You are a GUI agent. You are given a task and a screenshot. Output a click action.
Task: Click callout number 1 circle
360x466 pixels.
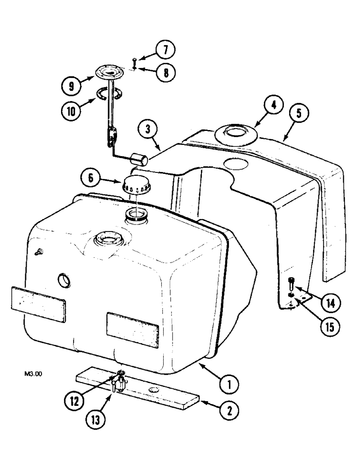click(229, 385)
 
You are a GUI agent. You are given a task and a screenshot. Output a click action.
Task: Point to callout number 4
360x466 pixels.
click(273, 106)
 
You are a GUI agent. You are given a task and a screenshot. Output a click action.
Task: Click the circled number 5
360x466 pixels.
click(298, 113)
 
